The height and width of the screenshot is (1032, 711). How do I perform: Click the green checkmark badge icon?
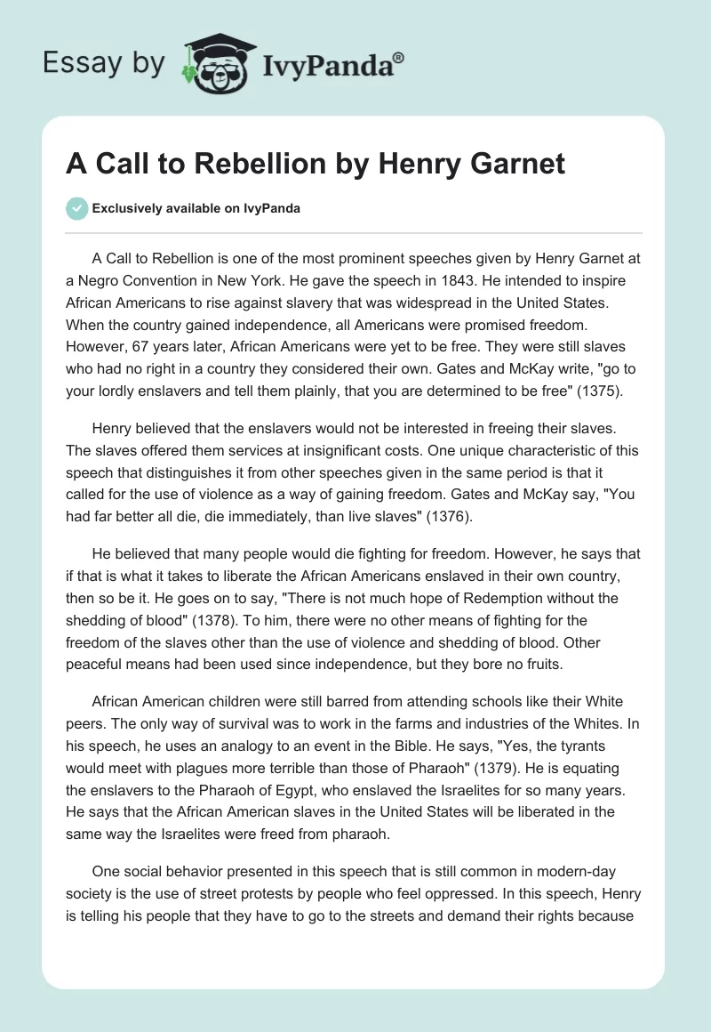pyautogui.click(x=78, y=208)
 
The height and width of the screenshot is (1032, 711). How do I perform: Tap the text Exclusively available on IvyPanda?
pyautogui.click(x=196, y=209)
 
